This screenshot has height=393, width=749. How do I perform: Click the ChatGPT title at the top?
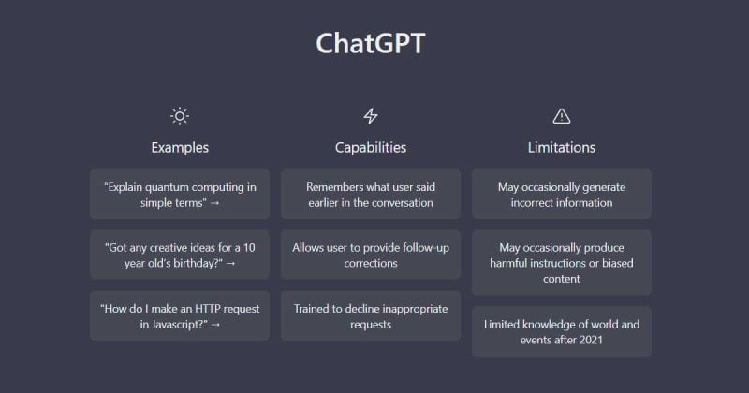click(371, 44)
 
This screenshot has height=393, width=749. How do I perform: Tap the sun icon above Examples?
click(180, 116)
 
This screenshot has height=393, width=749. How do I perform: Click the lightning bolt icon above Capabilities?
click(371, 116)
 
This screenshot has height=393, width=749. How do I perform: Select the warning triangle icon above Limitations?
click(562, 116)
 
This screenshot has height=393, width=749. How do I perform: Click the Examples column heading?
click(180, 147)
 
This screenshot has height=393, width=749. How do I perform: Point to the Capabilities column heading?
click(371, 147)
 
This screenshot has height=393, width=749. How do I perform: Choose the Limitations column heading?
click(562, 147)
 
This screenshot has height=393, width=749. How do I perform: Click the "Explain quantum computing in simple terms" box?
click(180, 194)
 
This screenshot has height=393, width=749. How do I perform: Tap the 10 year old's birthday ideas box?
click(180, 255)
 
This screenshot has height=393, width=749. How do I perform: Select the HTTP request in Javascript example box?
click(180, 315)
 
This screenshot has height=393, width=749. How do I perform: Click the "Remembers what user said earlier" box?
click(371, 194)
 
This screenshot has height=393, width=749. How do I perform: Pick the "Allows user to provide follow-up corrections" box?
click(371, 255)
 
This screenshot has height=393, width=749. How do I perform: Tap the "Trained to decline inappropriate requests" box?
click(371, 315)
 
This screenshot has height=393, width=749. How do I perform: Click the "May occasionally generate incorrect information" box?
click(562, 194)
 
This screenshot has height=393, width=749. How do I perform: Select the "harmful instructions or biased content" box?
click(562, 262)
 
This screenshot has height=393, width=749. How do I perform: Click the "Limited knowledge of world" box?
click(562, 331)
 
